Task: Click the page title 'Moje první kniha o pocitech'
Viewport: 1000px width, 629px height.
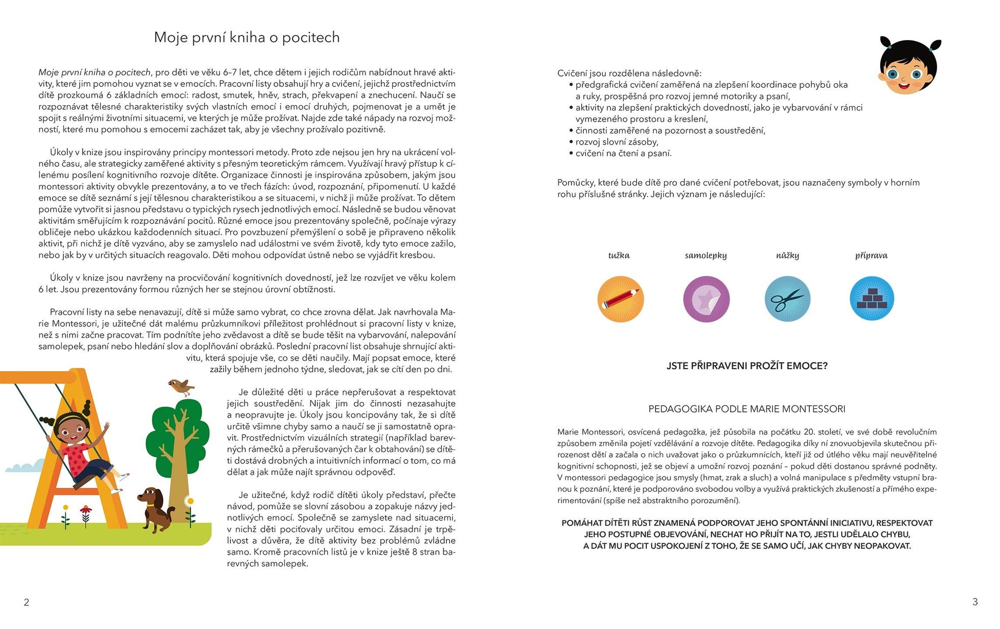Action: coord(247,37)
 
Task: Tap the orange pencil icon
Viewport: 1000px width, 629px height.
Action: coord(620,299)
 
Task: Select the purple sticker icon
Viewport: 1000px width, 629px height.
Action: coord(706,299)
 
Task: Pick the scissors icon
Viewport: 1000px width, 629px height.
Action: coord(787,299)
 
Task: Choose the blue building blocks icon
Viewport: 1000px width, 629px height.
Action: coord(872,299)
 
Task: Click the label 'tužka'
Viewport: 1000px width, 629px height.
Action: coord(619,256)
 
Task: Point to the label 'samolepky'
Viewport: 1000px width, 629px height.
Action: coord(706,256)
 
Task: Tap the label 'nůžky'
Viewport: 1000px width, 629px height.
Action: coord(787,256)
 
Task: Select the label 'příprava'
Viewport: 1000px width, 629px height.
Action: coord(871,256)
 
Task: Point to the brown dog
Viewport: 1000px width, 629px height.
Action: coord(154,508)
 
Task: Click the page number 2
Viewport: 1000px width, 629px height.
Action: coord(26,602)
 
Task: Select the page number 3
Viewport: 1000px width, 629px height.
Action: coord(975,602)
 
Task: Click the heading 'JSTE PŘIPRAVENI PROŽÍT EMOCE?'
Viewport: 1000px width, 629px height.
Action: coord(747,366)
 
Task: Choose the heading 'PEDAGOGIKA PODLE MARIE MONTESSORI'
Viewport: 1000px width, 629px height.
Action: coord(747,409)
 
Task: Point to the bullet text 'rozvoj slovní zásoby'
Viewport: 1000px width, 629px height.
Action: coord(617,142)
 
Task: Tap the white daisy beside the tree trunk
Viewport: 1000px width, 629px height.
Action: coord(189,501)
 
